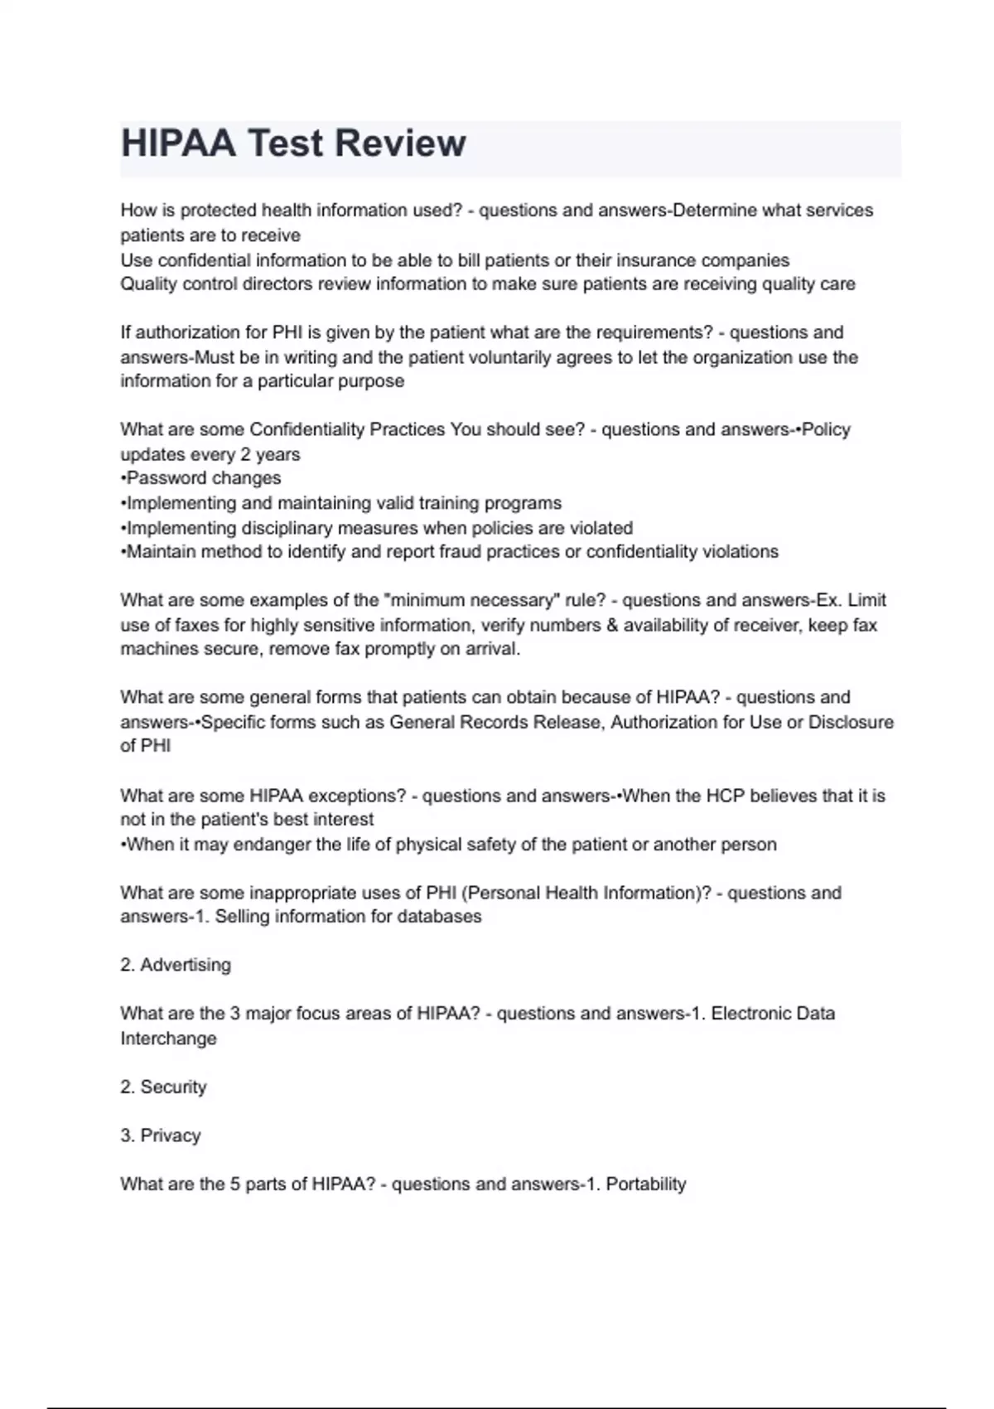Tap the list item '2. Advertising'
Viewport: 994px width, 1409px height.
pyautogui.click(x=176, y=965)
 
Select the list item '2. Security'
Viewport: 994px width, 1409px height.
pyautogui.click(x=163, y=1087)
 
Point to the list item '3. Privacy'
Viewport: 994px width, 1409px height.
pyautogui.click(x=161, y=1135)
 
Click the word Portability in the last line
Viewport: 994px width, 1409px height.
pyautogui.click(x=646, y=1184)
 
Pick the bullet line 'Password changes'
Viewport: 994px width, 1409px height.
pyautogui.click(x=202, y=478)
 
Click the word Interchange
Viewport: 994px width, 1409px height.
pyautogui.click(x=168, y=1039)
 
